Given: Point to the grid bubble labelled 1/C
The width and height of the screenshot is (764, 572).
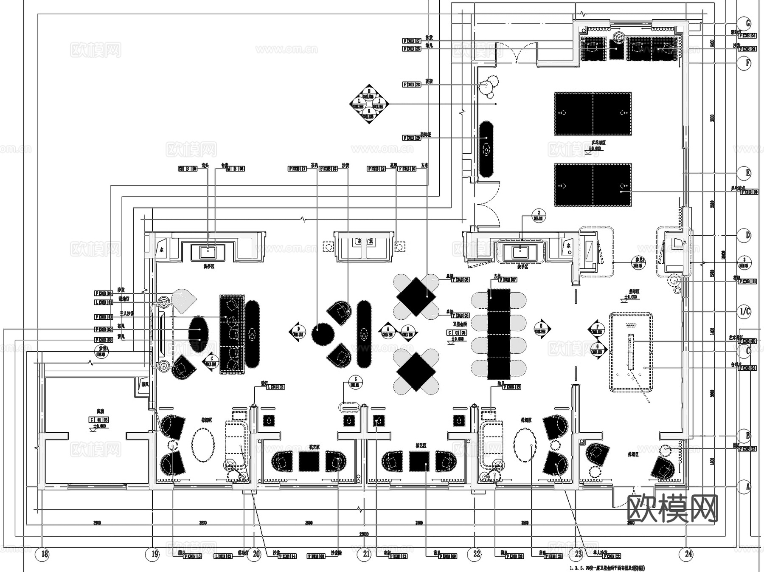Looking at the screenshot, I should pos(744,312).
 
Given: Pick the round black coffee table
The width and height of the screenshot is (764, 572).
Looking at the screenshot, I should pos(323,334).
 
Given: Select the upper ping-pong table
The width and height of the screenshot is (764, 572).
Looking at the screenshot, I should pos(593,113).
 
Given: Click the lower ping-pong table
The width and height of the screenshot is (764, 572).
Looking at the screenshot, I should pos(593,186).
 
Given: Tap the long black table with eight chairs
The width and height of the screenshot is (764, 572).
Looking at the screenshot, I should pos(499,334).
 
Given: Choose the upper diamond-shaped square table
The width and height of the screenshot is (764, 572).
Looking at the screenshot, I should pos(416,296).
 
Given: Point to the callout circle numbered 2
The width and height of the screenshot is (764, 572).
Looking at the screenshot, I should pos(539,216).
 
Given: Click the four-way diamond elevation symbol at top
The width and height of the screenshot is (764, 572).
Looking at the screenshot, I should pos(369,104).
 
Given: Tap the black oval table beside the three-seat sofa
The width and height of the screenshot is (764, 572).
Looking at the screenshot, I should pos(198,334).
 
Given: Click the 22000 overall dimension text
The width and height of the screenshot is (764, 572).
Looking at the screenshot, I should pos(364,534).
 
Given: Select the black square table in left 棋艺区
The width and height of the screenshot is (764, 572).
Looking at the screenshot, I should pos(309,461).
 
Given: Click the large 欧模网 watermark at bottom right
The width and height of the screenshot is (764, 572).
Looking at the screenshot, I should pos(672,509).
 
